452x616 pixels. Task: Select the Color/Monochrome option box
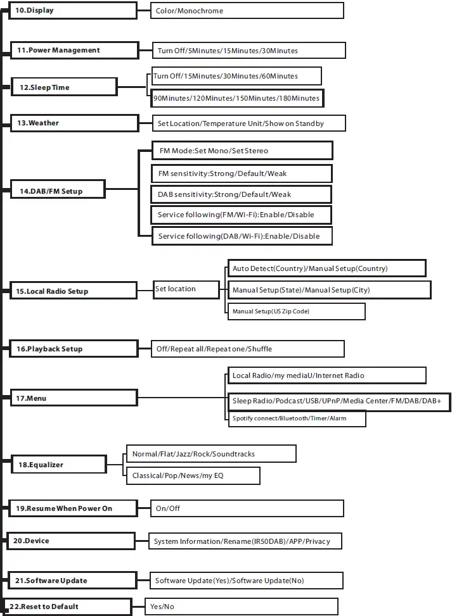point(247,11)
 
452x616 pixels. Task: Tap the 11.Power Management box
point(74,51)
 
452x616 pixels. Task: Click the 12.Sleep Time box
point(64,87)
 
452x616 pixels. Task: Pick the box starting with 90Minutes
point(236,99)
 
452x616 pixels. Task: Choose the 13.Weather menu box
point(74,123)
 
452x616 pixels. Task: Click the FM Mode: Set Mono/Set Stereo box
point(241,151)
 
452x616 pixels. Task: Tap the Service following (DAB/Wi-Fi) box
point(241,236)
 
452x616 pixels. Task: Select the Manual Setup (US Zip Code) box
point(296,311)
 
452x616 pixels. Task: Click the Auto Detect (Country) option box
point(326,268)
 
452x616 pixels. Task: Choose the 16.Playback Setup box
point(74,349)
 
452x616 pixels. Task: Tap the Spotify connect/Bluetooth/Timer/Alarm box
point(296,418)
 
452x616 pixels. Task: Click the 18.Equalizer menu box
point(66,465)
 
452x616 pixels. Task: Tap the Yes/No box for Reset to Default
point(241,607)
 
